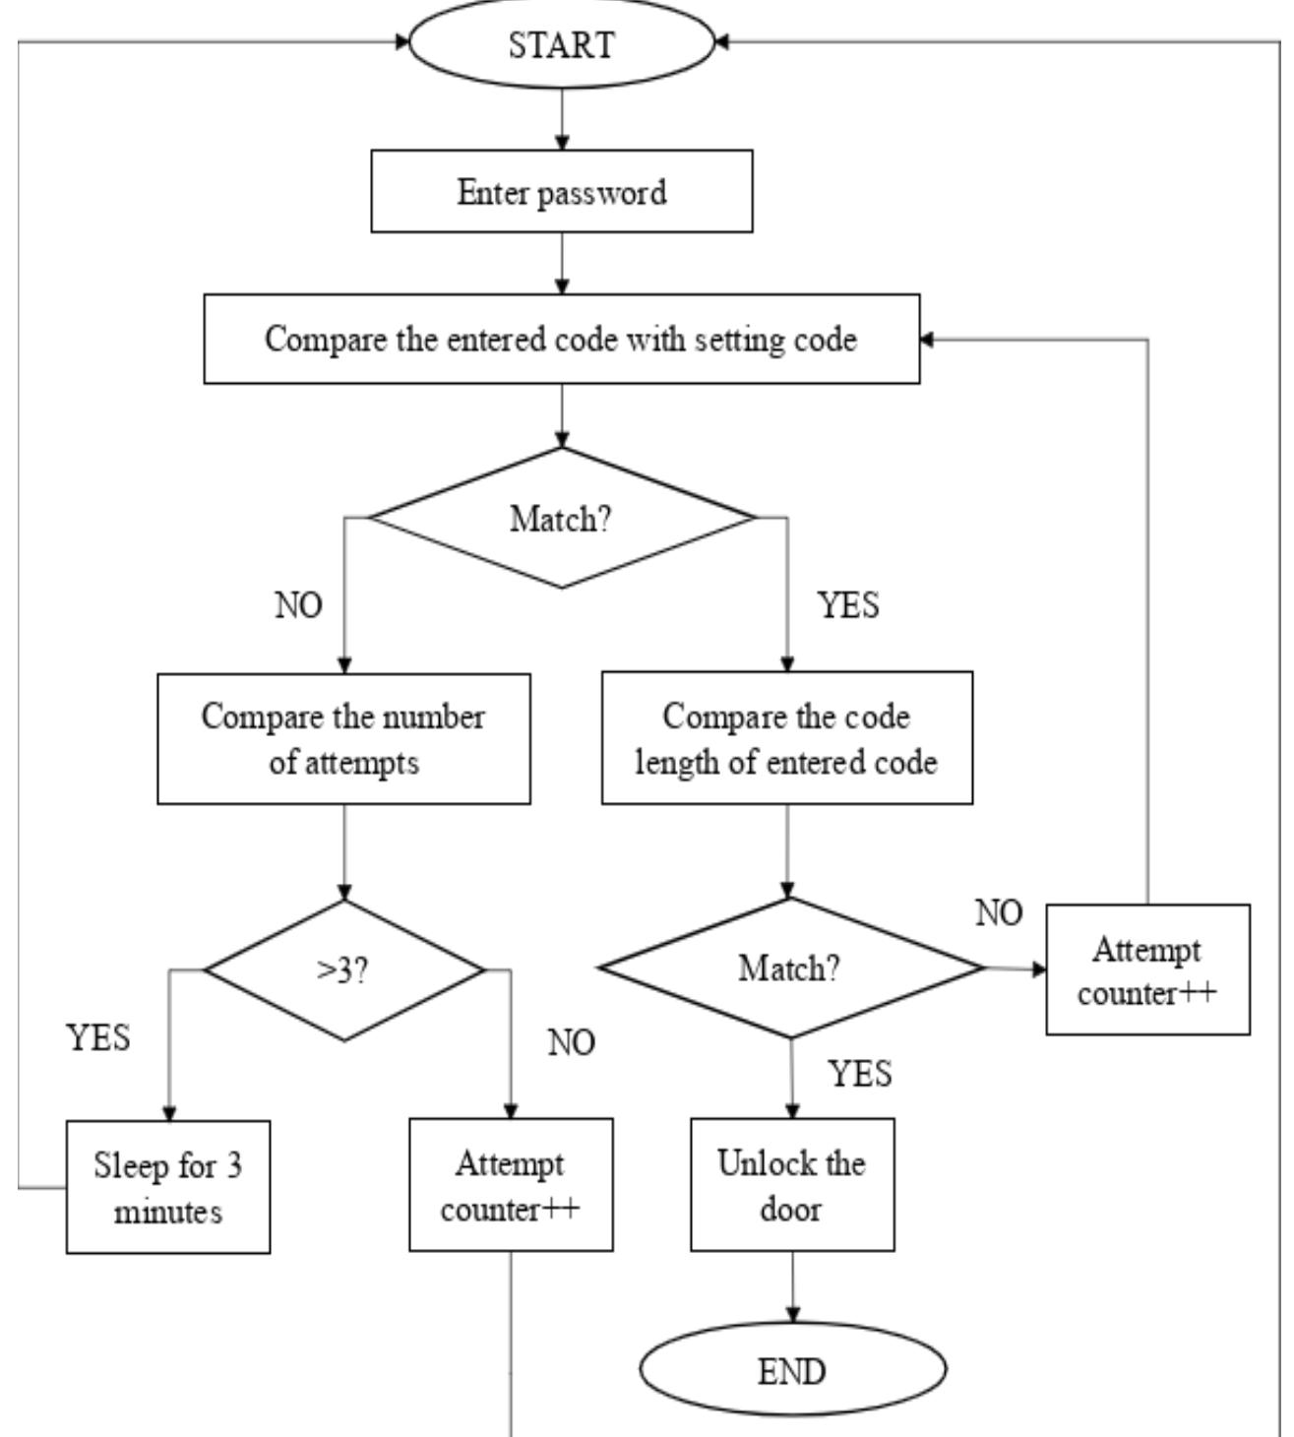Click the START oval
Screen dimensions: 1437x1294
tap(561, 44)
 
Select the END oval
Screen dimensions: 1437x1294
tap(792, 1370)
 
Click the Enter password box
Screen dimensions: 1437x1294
tap(561, 192)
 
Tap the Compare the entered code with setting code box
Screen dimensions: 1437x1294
tap(561, 340)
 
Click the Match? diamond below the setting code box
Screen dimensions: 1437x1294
tap(561, 519)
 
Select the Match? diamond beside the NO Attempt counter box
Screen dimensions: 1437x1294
tap(790, 968)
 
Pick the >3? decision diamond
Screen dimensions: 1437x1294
tap(343, 970)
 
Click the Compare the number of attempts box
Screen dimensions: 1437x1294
tap(343, 739)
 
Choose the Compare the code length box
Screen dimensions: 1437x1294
tap(786, 739)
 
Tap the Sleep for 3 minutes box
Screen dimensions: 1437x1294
tap(168, 1187)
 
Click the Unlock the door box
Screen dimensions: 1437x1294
tap(792, 1185)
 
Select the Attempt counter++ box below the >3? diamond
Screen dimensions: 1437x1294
tap(511, 1185)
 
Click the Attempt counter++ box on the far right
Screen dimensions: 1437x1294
tap(1147, 970)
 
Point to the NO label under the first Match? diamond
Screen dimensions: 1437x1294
tap(298, 605)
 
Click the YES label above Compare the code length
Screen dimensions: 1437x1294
tap(848, 605)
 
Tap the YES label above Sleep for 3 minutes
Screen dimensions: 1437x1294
tap(98, 1037)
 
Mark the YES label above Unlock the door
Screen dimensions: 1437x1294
tap(859, 1073)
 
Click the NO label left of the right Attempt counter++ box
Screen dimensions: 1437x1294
tap(999, 913)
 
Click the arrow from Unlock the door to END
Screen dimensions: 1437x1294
tap(792, 1287)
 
